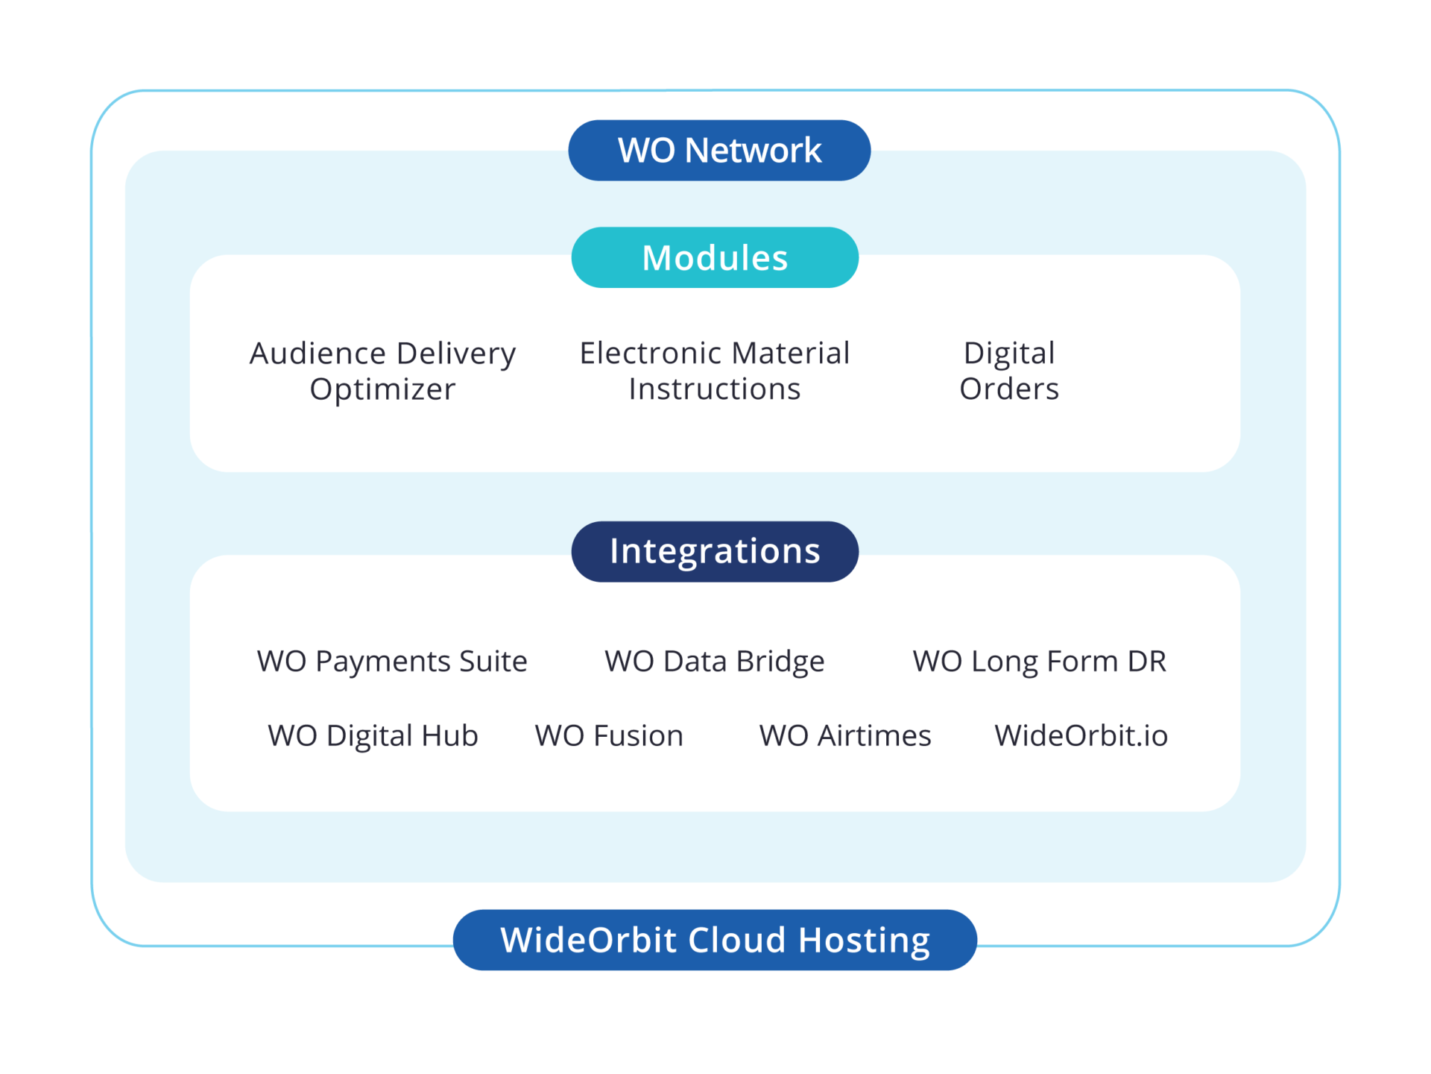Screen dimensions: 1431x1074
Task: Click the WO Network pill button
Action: click(719, 151)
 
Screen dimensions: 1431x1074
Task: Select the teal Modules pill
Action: click(715, 257)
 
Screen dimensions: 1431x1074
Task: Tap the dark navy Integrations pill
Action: click(715, 551)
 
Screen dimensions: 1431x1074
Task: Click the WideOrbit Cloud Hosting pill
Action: click(715, 940)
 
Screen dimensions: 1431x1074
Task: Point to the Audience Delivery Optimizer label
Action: click(382, 371)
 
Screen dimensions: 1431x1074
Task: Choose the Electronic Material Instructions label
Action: click(715, 371)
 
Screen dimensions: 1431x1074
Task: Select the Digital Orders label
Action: click(1009, 371)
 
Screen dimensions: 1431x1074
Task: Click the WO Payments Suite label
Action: click(392, 661)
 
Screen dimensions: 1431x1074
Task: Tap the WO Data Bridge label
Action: click(715, 662)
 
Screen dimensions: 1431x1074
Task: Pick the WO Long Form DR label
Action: click(1040, 662)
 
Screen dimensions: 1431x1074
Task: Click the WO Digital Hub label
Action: click(373, 736)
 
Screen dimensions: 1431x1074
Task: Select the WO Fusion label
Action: click(609, 735)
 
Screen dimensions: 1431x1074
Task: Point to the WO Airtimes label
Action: click(845, 735)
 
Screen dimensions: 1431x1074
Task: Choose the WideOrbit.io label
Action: click(1081, 735)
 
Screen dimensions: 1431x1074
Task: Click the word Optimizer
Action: click(382, 389)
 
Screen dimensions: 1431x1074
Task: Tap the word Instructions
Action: click(715, 389)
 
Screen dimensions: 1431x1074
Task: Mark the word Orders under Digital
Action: click(1009, 389)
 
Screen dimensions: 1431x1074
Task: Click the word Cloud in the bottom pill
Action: click(736, 940)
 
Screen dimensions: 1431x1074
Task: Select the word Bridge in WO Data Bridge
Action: click(780, 662)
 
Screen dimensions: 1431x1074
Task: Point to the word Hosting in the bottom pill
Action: click(865, 940)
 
